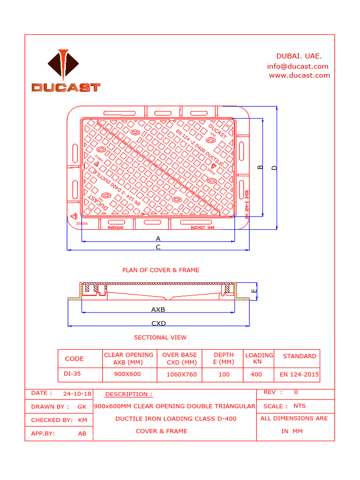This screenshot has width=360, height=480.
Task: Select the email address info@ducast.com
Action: tap(298, 66)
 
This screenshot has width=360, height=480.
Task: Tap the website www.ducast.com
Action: tap(299, 75)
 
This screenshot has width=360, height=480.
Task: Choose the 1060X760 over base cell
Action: tap(181, 375)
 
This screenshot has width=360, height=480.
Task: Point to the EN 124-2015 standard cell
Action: tap(299, 375)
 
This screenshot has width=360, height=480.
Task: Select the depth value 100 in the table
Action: tap(224, 375)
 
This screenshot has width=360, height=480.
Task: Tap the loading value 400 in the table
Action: tap(256, 375)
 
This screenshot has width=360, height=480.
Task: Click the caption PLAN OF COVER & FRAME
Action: tap(160, 270)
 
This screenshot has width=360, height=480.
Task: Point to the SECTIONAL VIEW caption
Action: tap(160, 337)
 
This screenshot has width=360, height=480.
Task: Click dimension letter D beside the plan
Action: tap(275, 168)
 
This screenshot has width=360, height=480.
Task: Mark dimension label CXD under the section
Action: tap(158, 323)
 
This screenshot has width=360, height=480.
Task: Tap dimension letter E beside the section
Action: tap(253, 291)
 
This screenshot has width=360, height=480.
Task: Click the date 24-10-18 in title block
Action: tap(78, 393)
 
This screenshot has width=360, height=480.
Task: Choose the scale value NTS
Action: tap(300, 406)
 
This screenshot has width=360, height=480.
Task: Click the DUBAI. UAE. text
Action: tap(299, 56)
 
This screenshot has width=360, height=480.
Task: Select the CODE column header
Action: tap(75, 359)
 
